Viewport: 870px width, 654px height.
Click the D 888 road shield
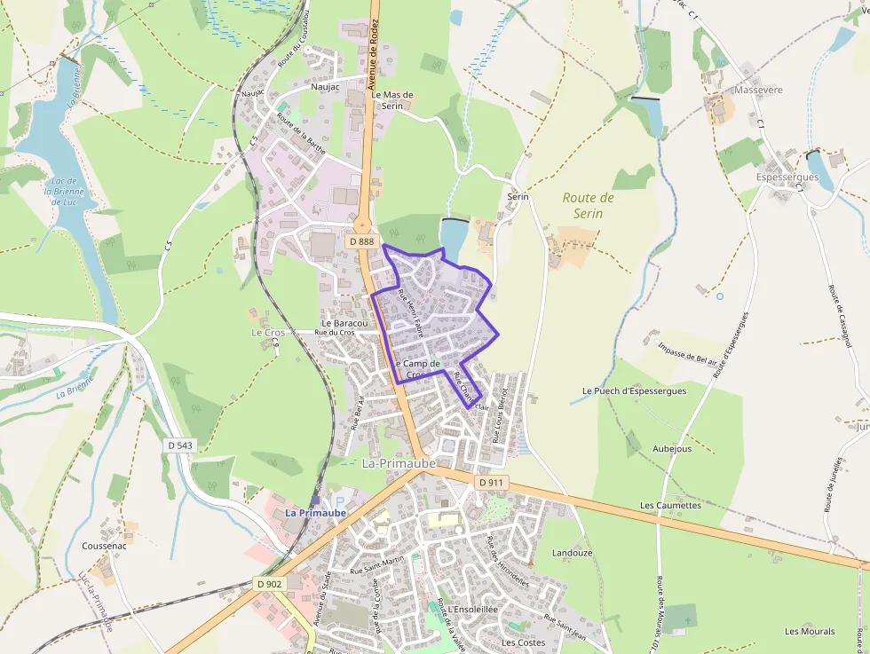(x=362, y=241)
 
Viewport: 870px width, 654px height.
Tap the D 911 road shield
(x=491, y=482)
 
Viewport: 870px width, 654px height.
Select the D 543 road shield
(x=180, y=445)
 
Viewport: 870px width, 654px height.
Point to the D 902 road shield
(x=269, y=583)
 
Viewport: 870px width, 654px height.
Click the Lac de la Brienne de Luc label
(x=63, y=191)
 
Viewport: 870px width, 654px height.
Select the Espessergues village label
(x=787, y=177)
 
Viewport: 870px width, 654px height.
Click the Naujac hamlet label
(x=324, y=87)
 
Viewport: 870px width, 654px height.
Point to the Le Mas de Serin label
(x=392, y=99)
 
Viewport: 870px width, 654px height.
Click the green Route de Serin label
(x=588, y=205)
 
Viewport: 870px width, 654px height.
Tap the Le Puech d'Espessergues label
(x=634, y=390)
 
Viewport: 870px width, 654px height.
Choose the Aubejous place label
(x=671, y=448)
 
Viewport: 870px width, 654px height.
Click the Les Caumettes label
(x=670, y=505)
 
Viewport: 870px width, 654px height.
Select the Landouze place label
(x=572, y=552)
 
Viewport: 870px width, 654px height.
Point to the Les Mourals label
(x=810, y=631)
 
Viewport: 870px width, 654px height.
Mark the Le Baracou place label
(x=344, y=323)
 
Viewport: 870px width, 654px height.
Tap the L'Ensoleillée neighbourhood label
(x=472, y=610)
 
